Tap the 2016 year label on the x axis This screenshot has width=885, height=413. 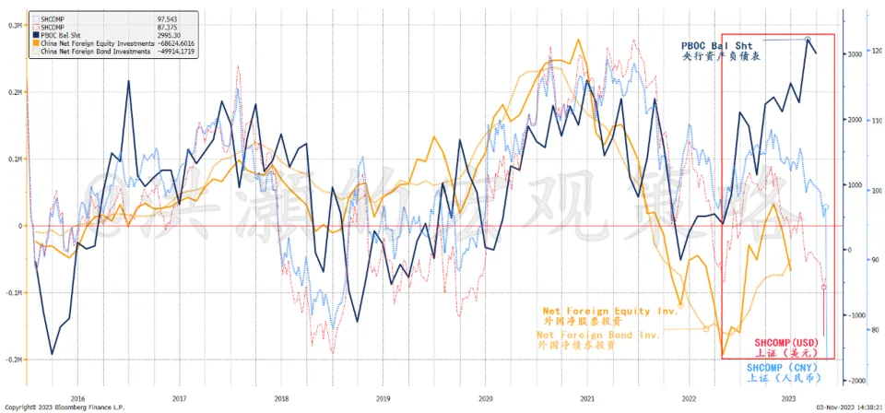click(77, 398)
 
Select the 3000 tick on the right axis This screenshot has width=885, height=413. click(854, 54)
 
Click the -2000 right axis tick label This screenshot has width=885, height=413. click(853, 380)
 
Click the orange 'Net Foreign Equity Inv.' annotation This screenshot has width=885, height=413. click(609, 311)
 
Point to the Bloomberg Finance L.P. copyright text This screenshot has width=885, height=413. click(64, 407)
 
